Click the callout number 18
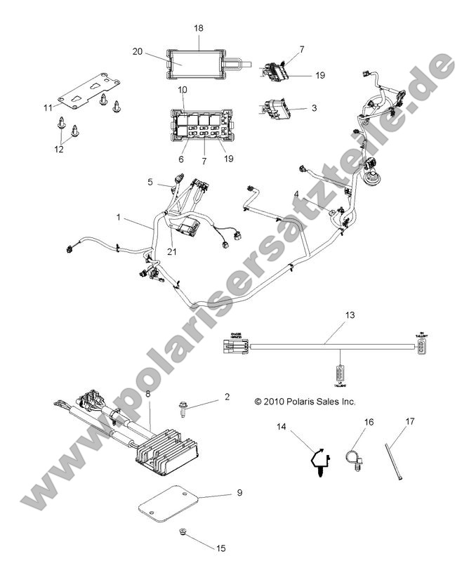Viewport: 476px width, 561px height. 199,27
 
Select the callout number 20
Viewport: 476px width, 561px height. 138,51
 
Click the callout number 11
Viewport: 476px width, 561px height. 48,107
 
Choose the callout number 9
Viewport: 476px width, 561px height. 239,494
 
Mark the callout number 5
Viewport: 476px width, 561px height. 150,183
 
